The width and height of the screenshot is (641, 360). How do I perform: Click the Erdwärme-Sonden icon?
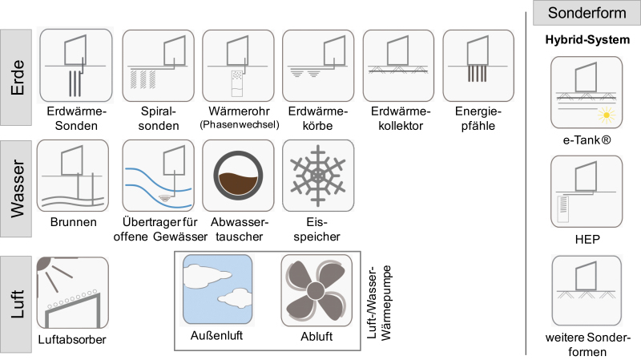click(x=76, y=66)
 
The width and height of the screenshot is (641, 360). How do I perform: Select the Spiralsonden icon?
click(x=158, y=66)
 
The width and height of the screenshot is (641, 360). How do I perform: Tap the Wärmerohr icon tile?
click(x=238, y=66)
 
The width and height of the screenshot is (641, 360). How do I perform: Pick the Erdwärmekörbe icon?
click(x=318, y=66)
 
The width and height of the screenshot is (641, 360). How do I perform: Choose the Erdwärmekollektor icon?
click(x=398, y=66)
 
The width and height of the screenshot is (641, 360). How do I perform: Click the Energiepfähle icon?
click(x=478, y=66)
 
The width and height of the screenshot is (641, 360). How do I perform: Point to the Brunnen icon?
click(x=73, y=176)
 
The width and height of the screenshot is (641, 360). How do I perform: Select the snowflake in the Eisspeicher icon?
click(x=318, y=176)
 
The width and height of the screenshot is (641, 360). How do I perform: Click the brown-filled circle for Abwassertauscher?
click(x=238, y=176)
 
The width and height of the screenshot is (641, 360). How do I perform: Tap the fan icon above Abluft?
click(x=316, y=290)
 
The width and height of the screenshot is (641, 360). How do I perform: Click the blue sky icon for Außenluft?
click(x=217, y=289)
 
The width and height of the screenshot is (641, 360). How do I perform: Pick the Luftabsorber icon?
click(x=73, y=293)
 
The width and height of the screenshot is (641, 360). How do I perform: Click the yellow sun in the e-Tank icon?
click(x=607, y=115)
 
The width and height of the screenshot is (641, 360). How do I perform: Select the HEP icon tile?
click(x=587, y=192)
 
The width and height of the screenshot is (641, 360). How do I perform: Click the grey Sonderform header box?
click(x=587, y=13)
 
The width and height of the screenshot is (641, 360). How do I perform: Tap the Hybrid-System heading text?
click(x=587, y=39)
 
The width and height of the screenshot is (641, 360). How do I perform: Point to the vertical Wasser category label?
click(x=17, y=188)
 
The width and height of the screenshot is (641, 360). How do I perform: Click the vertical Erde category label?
click(x=17, y=77)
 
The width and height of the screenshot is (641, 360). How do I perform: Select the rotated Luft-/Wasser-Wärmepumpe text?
click(x=379, y=303)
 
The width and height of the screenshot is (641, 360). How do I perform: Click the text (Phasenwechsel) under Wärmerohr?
click(x=239, y=124)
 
